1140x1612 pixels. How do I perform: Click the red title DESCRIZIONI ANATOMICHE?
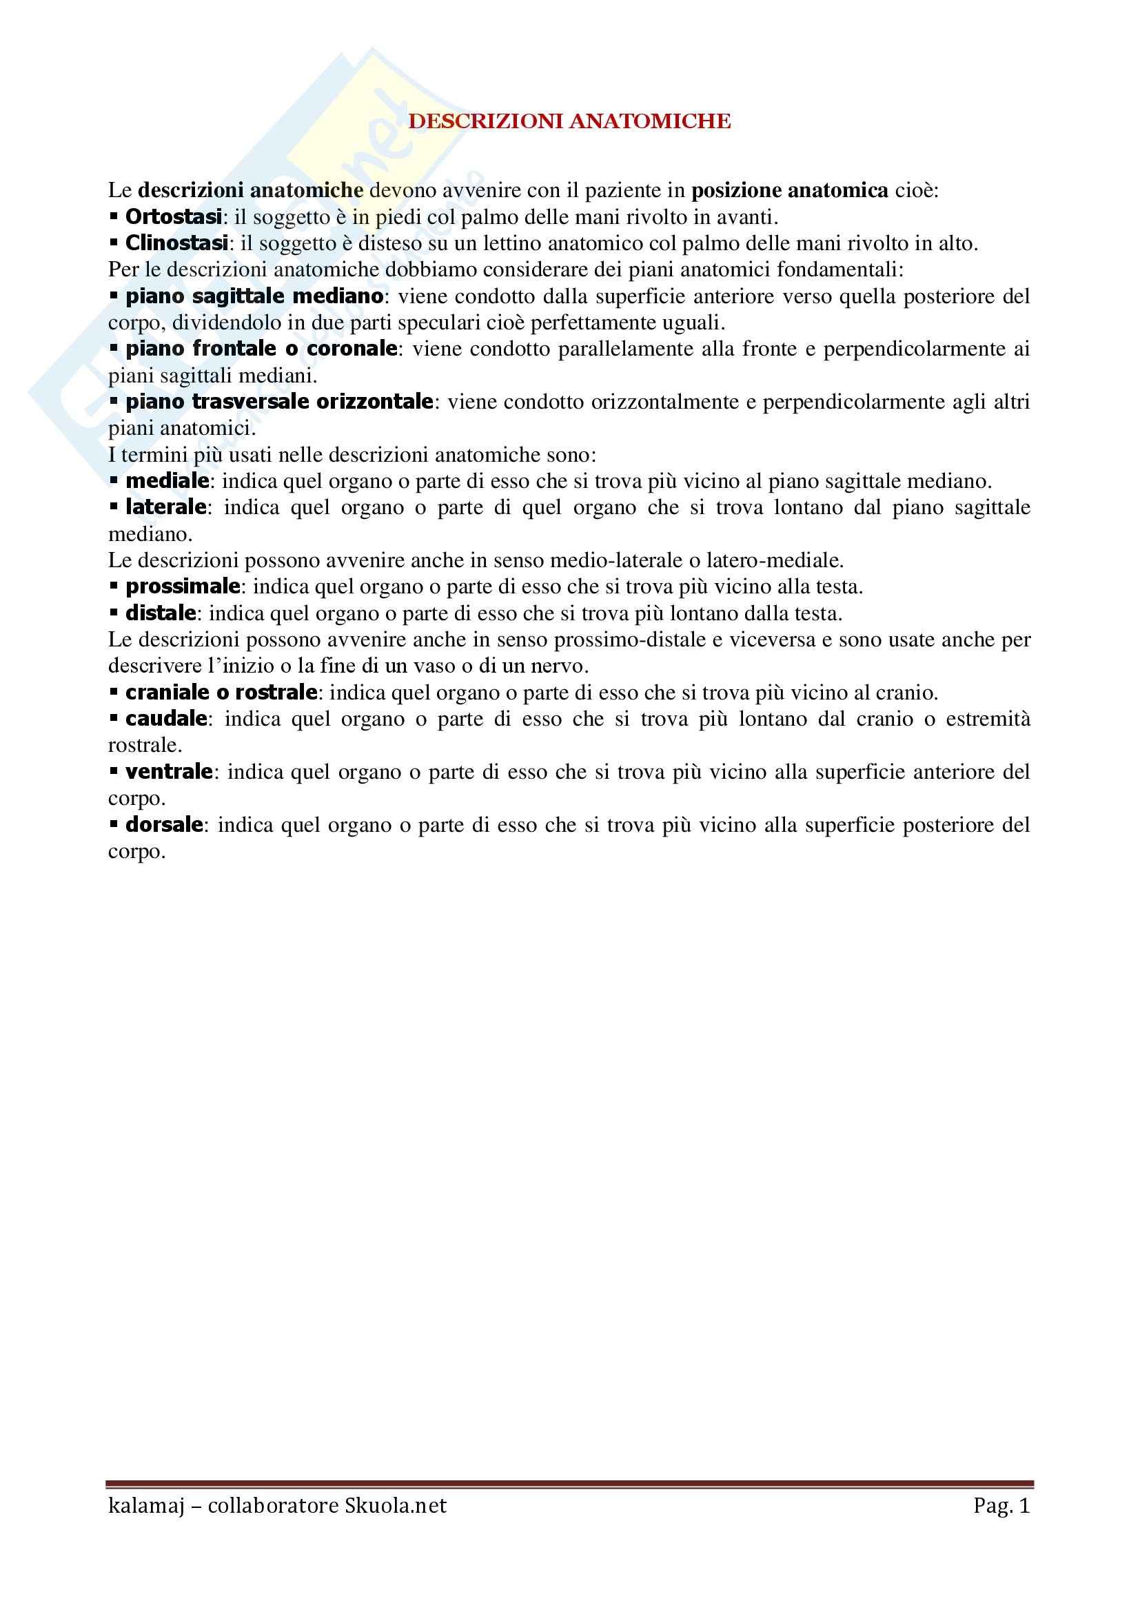[x=569, y=121]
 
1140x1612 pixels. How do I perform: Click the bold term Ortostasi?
[x=174, y=217]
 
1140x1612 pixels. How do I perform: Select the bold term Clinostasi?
[x=176, y=243]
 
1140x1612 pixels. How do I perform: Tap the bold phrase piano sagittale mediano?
[x=254, y=296]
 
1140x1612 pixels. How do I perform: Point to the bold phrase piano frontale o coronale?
[x=261, y=349]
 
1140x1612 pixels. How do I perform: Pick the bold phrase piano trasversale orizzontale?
[x=278, y=402]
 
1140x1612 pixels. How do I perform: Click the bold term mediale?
[x=167, y=481]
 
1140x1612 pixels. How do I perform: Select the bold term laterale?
[x=165, y=507]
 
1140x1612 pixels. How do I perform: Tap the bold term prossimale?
[x=183, y=586]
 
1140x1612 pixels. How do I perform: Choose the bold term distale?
[x=161, y=613]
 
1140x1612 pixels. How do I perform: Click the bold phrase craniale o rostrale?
[x=221, y=692]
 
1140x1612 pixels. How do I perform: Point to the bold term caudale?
[x=165, y=719]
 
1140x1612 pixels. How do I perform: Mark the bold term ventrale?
[x=168, y=772]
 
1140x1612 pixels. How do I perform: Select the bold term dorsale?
[x=164, y=824]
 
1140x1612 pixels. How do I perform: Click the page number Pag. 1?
[x=1001, y=1505]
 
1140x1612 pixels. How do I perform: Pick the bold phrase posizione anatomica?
[x=790, y=190]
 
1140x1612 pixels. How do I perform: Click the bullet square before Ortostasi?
[x=114, y=216]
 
